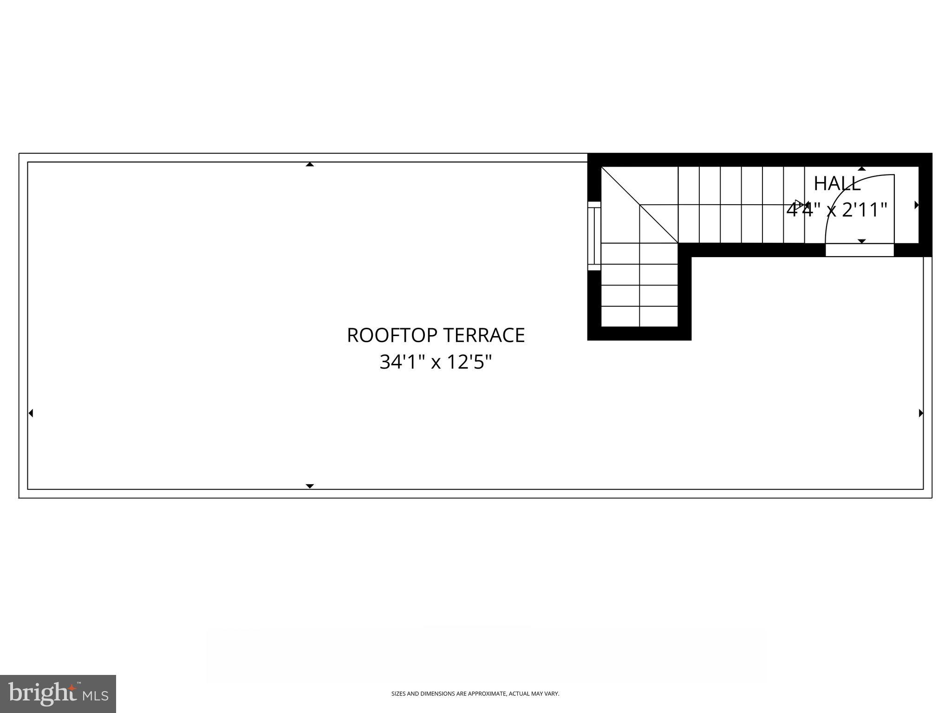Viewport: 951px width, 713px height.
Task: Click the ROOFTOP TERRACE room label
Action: [x=436, y=335]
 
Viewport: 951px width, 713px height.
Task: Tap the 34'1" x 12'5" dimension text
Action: [x=436, y=362]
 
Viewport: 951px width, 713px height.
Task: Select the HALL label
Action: [x=837, y=184]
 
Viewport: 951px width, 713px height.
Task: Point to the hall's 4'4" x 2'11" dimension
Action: [x=837, y=210]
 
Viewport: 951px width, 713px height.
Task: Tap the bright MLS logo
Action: [x=58, y=694]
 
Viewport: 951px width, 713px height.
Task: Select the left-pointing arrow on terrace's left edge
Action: [x=31, y=413]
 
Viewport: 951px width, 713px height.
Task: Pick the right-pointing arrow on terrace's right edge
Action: [x=921, y=413]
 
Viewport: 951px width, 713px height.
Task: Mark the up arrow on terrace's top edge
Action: [x=310, y=164]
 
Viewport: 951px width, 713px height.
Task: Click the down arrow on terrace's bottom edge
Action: [x=310, y=486]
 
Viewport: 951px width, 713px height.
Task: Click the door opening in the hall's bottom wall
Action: [x=860, y=250]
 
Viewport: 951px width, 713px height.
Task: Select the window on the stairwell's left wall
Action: [x=594, y=236]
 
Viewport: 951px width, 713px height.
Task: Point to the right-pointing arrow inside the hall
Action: [x=917, y=205]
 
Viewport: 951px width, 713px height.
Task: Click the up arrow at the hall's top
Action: [x=862, y=169]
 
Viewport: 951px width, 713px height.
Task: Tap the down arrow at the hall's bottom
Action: [x=862, y=241]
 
